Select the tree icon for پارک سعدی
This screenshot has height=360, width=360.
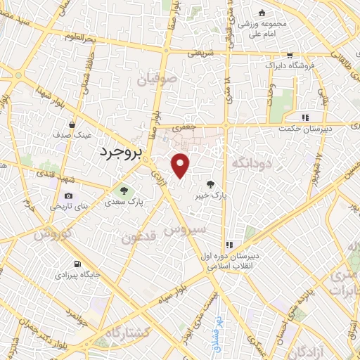pyautogui.click(x=124, y=191)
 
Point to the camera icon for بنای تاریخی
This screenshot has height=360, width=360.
pyautogui.click(x=68, y=196)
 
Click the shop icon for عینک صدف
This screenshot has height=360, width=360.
pyautogui.click(x=72, y=124)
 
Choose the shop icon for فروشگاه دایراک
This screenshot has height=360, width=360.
pyautogui.click(x=289, y=55)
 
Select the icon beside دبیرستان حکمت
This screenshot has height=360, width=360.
pyautogui.click(x=305, y=117)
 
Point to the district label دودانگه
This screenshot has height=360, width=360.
pyautogui.click(x=259, y=165)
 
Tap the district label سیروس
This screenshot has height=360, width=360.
pyautogui.click(x=185, y=229)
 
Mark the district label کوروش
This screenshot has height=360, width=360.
pyautogui.click(x=50, y=233)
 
